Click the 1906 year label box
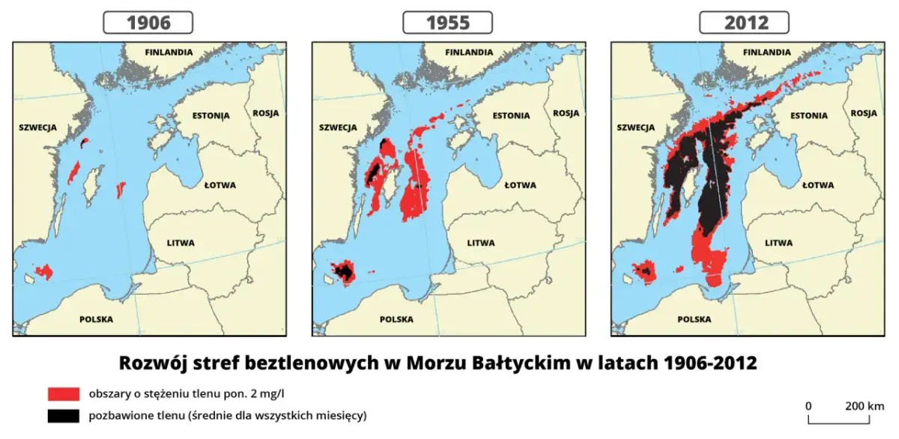[x=148, y=22]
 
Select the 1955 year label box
[x=448, y=22]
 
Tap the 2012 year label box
[x=745, y=22]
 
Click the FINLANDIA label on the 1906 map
[x=169, y=52]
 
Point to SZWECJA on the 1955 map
[x=338, y=127]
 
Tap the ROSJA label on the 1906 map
[x=266, y=113]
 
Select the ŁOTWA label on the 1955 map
[x=518, y=185]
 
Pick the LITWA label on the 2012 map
[x=779, y=243]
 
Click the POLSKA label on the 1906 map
[x=96, y=319]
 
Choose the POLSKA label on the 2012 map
[x=694, y=319]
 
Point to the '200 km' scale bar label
[x=865, y=406]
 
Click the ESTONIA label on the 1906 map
[x=211, y=115]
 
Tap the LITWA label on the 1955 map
[x=480, y=243]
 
